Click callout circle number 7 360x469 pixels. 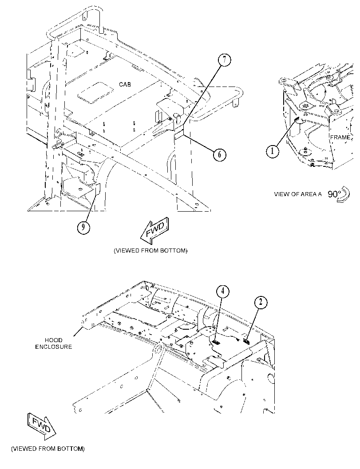pyautogui.click(x=225, y=60)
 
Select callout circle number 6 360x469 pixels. pyautogui.click(x=220, y=154)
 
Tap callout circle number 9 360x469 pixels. pyautogui.click(x=83, y=228)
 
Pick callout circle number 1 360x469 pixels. pyautogui.click(x=272, y=151)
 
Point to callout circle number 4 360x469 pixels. pyautogui.click(x=223, y=291)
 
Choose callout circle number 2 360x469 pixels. pyautogui.click(x=261, y=302)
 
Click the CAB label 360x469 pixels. pyautogui.click(x=125, y=85)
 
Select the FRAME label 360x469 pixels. pyautogui.click(x=340, y=137)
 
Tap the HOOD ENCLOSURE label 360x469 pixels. pyautogui.click(x=54, y=343)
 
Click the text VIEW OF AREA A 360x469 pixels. pyautogui.click(x=298, y=194)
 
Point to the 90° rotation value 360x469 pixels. pyautogui.click(x=334, y=194)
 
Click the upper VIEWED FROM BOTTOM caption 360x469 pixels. pyautogui.click(x=150, y=251)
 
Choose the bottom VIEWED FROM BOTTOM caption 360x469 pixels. pyautogui.click(x=48, y=449)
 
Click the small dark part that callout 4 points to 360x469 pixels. pyautogui.click(x=216, y=342)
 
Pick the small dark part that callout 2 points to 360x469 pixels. pyautogui.click(x=246, y=341)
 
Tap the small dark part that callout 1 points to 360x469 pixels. pyautogui.click(x=296, y=120)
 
